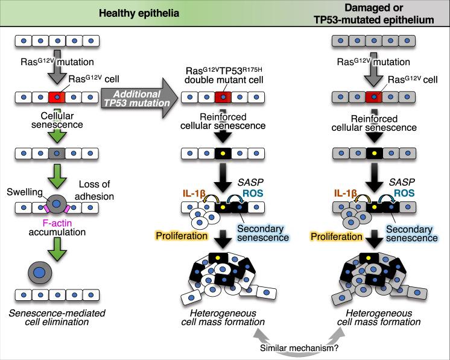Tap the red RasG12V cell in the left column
click(x=57, y=98)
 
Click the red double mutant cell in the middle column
click(x=224, y=98)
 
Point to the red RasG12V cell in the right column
click(x=376, y=98)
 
